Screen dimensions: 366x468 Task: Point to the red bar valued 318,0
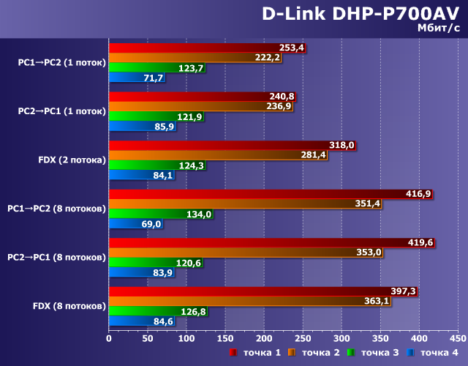(x=219, y=145)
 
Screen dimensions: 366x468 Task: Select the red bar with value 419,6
(x=256, y=242)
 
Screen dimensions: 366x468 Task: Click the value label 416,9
(x=418, y=194)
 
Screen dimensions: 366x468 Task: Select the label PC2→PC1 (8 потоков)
(x=57, y=257)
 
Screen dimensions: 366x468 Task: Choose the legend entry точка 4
(x=437, y=353)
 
